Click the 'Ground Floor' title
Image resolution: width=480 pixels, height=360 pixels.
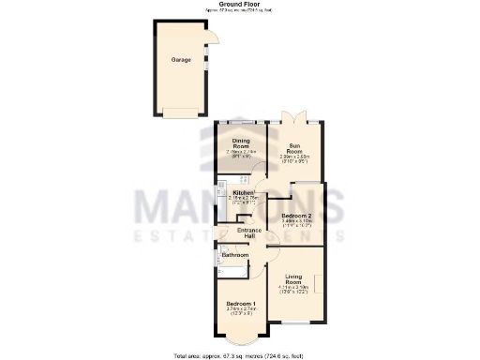point(241,5)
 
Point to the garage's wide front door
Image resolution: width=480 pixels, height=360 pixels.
point(181,112)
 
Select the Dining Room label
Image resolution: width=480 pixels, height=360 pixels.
point(241,144)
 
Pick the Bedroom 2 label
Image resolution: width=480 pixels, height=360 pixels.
point(296,216)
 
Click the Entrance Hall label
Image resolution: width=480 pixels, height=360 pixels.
point(248,233)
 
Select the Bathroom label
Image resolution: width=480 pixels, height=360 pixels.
point(234,254)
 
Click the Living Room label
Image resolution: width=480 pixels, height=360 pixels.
point(296,278)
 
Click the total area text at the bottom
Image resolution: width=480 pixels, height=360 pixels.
point(241,355)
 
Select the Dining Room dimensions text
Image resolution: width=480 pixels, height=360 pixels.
point(241,155)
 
